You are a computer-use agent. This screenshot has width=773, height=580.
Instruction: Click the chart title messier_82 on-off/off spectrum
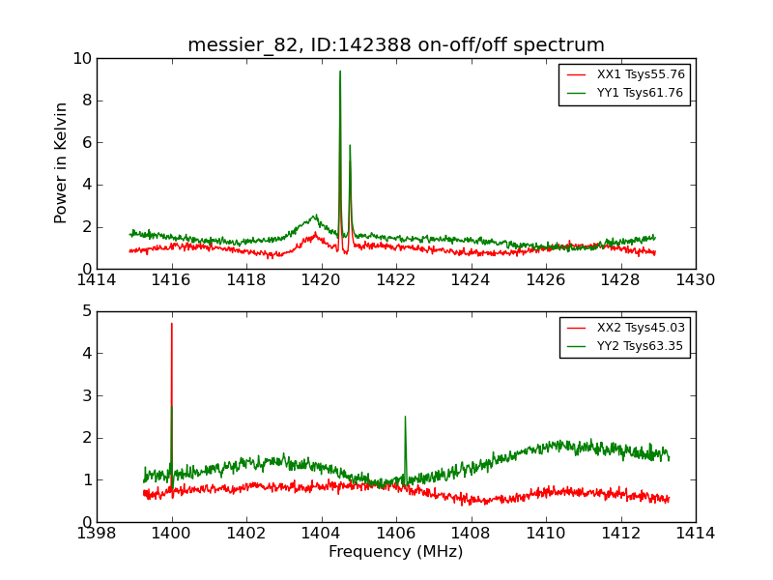point(396,45)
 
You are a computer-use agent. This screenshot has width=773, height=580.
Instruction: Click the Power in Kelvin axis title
point(62,162)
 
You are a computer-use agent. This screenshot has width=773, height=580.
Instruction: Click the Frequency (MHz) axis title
point(396,552)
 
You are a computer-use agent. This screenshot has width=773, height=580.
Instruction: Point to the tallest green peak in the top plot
point(340,72)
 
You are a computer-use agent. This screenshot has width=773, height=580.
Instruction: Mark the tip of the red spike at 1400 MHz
point(172,324)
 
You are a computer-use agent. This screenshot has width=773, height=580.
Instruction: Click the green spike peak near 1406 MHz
point(405,417)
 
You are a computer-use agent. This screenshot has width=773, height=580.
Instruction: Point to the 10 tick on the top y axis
point(81,58)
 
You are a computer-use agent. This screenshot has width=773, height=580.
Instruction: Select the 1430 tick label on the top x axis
point(695,280)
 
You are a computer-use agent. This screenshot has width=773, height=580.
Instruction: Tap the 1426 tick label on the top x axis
point(545,280)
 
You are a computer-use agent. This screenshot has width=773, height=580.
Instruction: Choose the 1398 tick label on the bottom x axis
point(97,533)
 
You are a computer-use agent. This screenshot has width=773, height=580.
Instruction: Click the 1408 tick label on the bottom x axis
point(471,533)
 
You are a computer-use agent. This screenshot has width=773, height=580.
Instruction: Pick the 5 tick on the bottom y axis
point(87,311)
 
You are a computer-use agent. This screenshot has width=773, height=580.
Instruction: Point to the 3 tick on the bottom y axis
point(87,395)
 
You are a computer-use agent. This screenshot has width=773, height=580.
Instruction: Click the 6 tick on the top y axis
point(87,142)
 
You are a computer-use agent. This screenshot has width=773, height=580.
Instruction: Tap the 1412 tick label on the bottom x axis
point(620,533)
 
